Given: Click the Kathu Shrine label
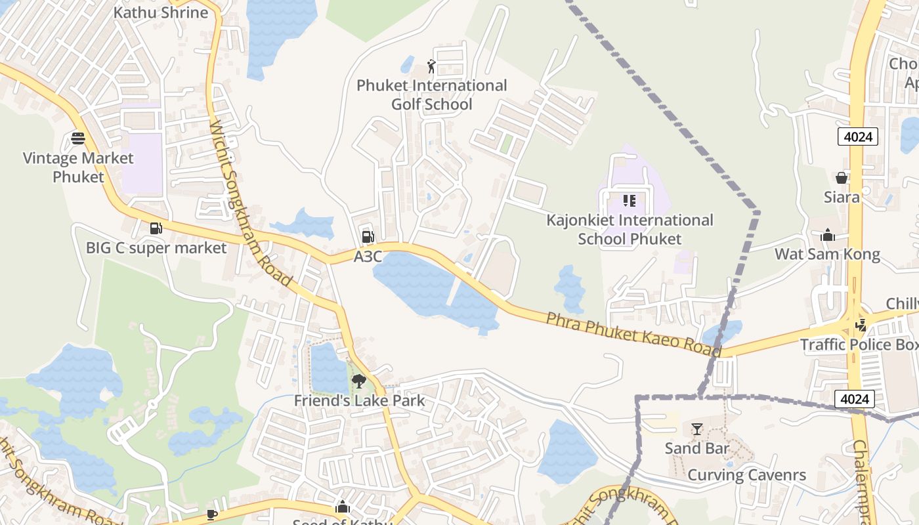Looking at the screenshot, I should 161,12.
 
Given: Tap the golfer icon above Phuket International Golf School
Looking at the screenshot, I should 431,66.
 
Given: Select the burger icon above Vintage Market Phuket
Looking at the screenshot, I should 78,138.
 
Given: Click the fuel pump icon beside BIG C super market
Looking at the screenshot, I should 156,228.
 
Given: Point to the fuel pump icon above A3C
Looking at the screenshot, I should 368,236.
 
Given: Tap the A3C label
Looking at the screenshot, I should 368,257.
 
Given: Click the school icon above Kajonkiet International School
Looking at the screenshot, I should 630,200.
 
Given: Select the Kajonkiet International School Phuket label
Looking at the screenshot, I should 630,229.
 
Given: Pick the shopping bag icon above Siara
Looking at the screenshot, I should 842,177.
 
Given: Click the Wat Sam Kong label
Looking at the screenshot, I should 827,254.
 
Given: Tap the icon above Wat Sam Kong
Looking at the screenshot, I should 828,235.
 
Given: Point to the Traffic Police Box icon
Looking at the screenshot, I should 861,324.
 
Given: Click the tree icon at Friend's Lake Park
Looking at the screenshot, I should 358,381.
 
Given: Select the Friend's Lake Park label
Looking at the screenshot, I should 359,400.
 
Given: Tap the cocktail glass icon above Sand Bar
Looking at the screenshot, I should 697,429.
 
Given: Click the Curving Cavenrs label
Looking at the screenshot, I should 746,475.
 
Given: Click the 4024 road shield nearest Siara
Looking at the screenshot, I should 857,136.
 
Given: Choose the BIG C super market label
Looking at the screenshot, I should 156,248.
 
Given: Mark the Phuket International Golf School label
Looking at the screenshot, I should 431,94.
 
